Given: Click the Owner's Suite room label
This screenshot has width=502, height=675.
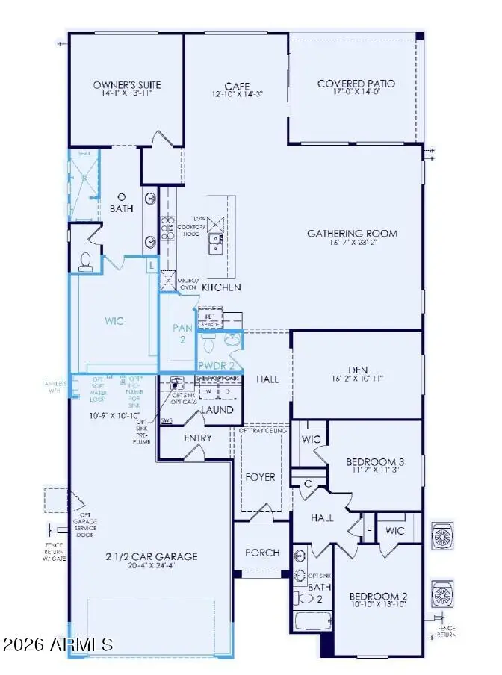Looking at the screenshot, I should click(x=126, y=85).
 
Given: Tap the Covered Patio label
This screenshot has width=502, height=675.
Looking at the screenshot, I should click(x=356, y=84).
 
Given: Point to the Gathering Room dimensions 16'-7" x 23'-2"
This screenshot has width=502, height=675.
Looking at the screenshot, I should click(x=352, y=243).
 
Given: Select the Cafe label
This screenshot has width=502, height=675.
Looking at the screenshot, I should click(x=236, y=86).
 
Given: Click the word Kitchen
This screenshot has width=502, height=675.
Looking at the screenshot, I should click(x=221, y=287).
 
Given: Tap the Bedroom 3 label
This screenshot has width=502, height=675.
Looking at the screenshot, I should click(x=374, y=462).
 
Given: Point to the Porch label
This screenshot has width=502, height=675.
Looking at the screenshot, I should click(x=261, y=553).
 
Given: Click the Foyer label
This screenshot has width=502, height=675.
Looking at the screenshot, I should click(x=260, y=476).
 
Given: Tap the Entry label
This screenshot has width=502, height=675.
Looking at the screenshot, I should click(x=197, y=438).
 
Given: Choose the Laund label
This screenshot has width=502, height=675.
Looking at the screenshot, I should click(x=218, y=410).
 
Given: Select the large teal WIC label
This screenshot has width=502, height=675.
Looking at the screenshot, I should click(x=114, y=321).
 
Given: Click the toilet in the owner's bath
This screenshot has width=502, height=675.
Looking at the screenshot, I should click(x=85, y=261).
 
